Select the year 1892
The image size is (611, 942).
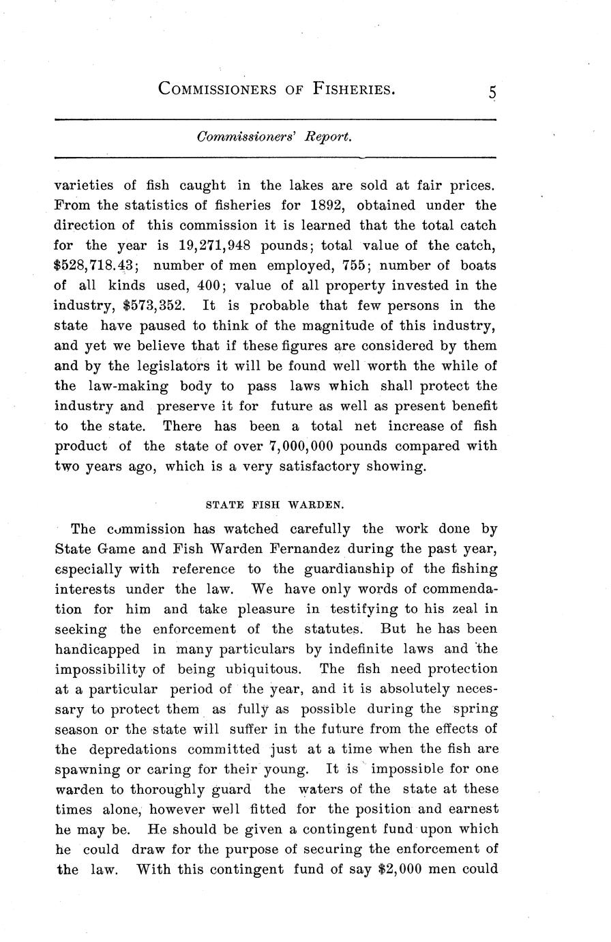coord(330,205)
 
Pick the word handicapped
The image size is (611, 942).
coord(97,648)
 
